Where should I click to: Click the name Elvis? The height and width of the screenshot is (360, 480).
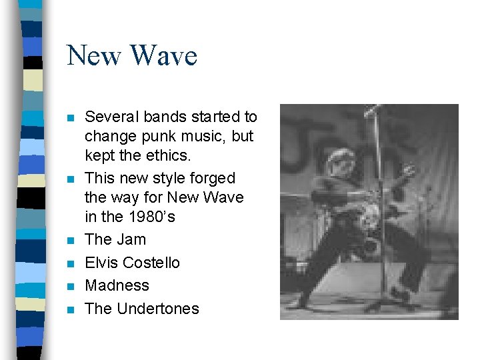pyautogui.click(x=102, y=263)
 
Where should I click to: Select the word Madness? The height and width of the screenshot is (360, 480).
pyautogui.click(x=117, y=286)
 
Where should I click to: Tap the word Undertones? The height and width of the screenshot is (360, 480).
pyautogui.click(x=158, y=309)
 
